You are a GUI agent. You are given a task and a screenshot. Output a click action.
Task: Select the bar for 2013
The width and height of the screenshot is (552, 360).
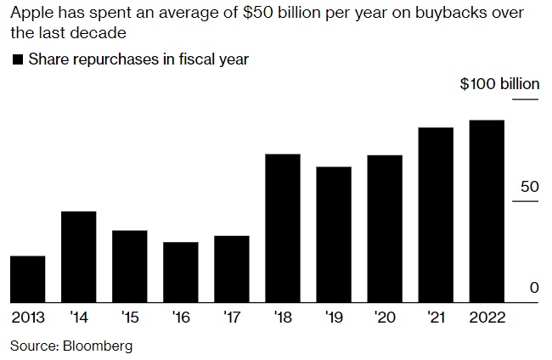click(x=28, y=278)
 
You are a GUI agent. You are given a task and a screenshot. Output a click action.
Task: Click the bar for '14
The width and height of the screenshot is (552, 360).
click(x=79, y=256)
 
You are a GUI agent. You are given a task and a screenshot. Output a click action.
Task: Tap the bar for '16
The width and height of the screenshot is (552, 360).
click(x=181, y=272)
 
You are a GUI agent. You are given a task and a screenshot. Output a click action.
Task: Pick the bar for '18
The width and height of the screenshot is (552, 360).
click(x=283, y=228)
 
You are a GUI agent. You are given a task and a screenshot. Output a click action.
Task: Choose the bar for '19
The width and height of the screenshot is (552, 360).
click(x=334, y=234)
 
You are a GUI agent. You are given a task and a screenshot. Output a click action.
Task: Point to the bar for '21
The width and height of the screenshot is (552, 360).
click(x=436, y=215)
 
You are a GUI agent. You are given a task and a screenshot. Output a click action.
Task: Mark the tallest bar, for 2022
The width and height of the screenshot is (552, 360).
click(x=487, y=211)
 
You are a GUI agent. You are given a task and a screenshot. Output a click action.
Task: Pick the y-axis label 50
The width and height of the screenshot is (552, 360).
click(x=529, y=187)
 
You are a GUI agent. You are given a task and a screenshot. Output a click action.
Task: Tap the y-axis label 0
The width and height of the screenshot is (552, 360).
click(x=534, y=288)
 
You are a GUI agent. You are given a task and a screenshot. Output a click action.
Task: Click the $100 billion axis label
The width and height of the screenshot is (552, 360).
click(x=499, y=84)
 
